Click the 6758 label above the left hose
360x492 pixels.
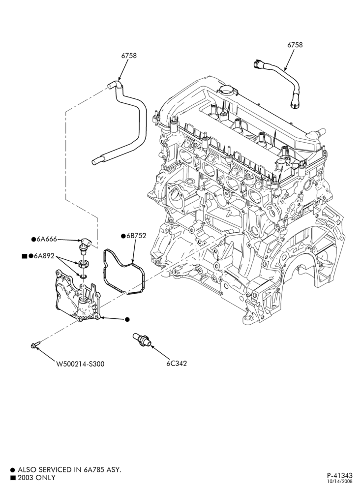tap(129, 56)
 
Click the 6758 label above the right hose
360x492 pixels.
tap(295, 45)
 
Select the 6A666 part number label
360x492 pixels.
tap(47, 240)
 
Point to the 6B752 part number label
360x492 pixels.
tap(136, 236)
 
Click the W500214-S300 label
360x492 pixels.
tap(80, 364)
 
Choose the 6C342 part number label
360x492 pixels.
tap(177, 364)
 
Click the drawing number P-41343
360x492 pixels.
tap(340, 475)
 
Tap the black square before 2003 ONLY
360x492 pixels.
tap(13, 478)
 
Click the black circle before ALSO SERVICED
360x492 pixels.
tap(13, 470)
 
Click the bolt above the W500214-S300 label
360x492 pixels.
tap(35, 345)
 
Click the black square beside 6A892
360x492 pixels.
tap(25, 256)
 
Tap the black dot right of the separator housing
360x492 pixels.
tap(127, 319)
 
